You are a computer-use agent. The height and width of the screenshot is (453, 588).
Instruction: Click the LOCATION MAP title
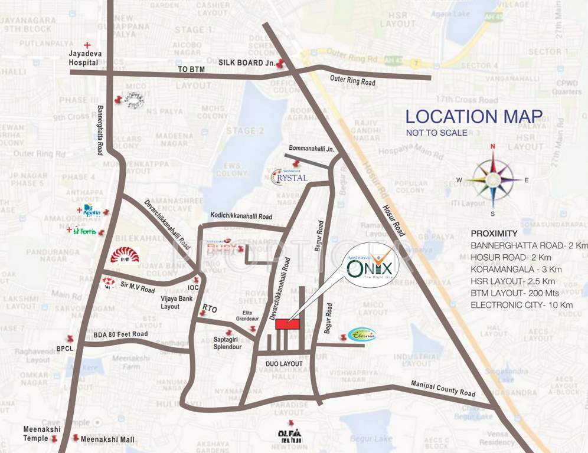point(473,116)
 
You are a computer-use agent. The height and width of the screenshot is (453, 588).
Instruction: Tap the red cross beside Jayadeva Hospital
point(88,45)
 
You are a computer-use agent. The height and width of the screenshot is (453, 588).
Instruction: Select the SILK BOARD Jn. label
point(246,62)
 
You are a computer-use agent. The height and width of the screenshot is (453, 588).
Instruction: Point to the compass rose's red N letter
point(492,146)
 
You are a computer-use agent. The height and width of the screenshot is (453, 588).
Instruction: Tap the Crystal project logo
point(289,176)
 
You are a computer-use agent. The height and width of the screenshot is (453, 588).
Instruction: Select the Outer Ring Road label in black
point(352,80)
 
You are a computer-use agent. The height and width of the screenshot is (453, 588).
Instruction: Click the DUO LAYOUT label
point(284,364)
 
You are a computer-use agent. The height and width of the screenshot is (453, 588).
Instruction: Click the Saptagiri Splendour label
point(227,343)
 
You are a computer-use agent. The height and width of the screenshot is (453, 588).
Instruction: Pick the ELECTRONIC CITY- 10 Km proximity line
point(521,305)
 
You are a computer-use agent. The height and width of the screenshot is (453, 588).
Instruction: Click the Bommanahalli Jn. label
point(311,149)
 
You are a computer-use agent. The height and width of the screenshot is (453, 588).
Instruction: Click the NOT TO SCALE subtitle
point(436,133)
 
